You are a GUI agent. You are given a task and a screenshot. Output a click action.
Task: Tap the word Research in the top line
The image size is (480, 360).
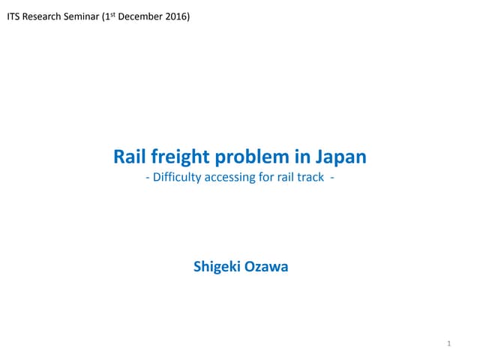(x=41, y=16)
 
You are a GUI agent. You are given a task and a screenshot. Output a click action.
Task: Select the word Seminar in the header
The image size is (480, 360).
(x=82, y=16)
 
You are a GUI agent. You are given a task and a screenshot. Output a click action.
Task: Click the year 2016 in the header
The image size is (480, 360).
(x=176, y=16)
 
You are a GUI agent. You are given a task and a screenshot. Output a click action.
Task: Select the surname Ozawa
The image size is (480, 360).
(x=266, y=267)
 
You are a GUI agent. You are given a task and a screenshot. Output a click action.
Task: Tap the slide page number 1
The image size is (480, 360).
(x=448, y=343)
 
